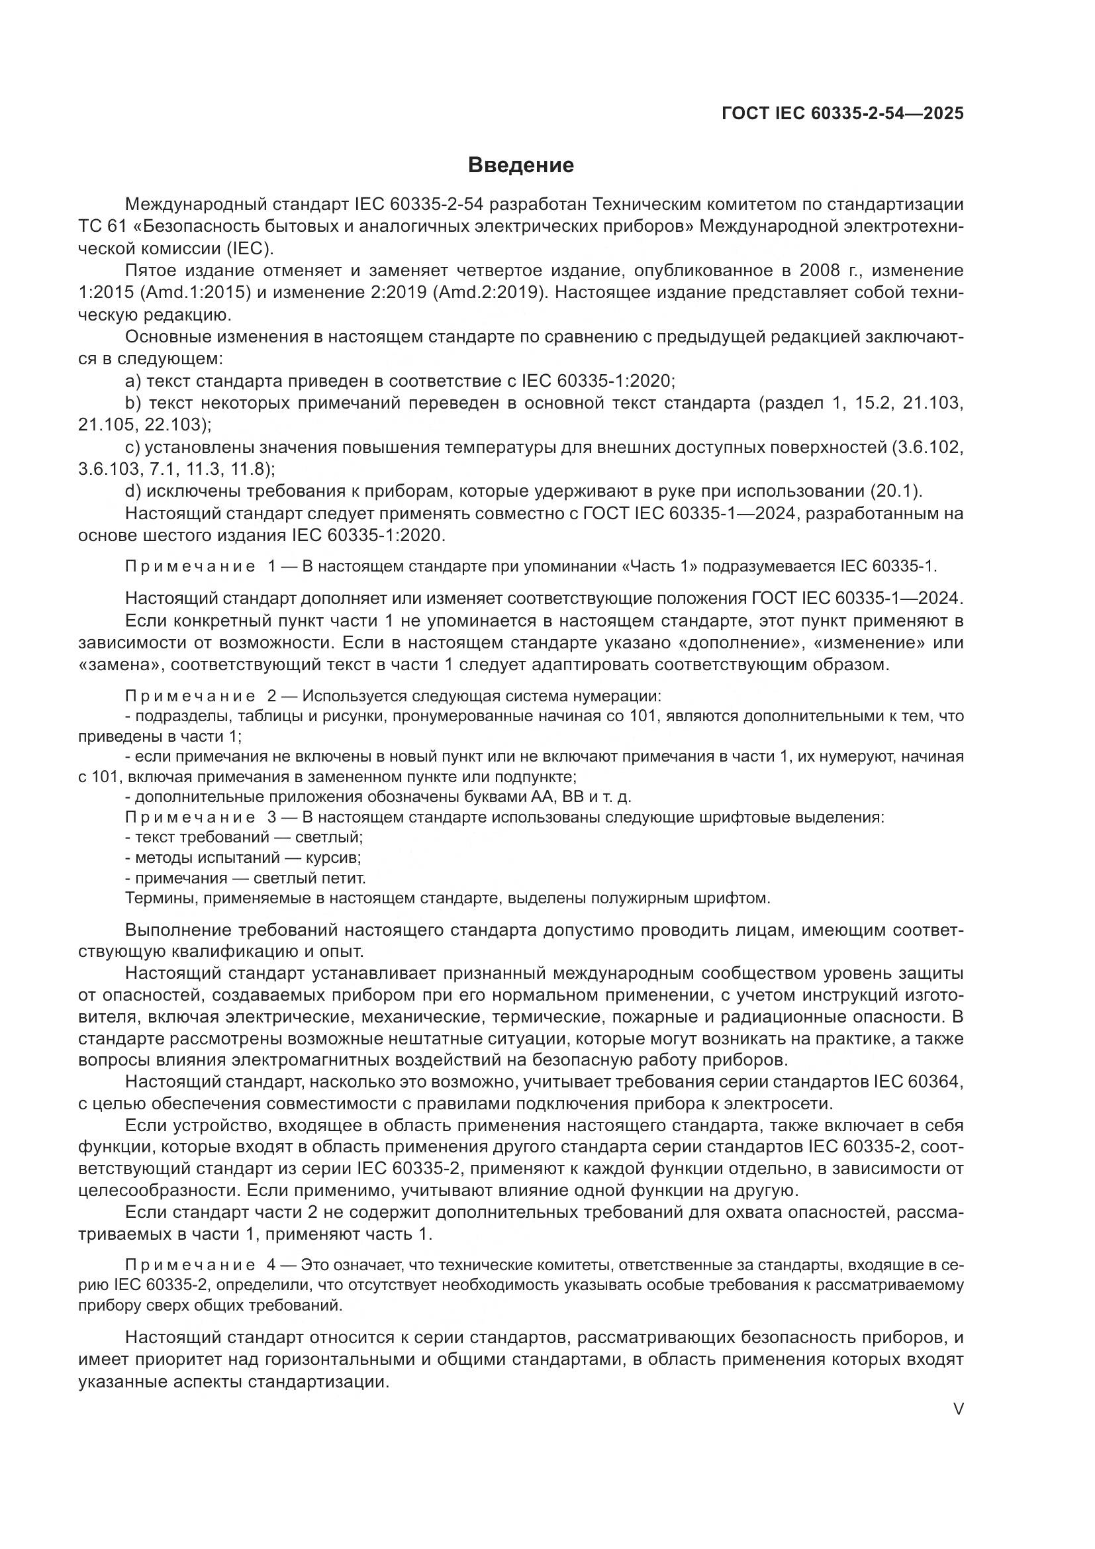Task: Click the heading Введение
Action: (x=520, y=165)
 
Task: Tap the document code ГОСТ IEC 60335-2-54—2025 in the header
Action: (x=842, y=113)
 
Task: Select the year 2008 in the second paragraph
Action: (x=820, y=271)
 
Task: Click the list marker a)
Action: (x=134, y=381)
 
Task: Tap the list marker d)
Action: (x=134, y=491)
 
